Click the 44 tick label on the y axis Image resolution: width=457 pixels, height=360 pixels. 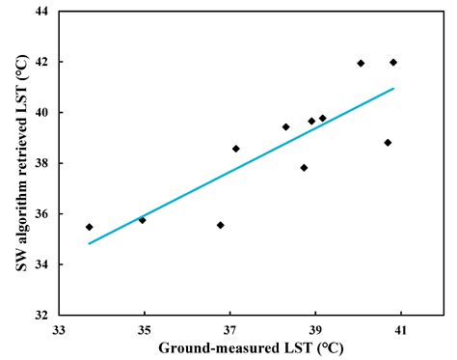tap(42, 12)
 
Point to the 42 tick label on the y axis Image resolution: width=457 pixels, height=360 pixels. tap(42, 62)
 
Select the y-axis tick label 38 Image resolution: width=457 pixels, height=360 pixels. tap(42, 163)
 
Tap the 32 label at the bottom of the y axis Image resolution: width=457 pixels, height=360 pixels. tap(42, 315)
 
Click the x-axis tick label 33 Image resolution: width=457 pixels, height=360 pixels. tap(59, 329)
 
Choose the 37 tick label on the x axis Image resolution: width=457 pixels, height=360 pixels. tap(229, 329)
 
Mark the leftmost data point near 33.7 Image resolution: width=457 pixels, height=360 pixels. tap(90, 227)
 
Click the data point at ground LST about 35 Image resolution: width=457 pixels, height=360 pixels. tap(143, 220)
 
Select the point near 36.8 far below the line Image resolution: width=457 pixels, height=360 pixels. tap(221, 225)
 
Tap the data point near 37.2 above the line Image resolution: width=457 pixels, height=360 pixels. tap(236, 149)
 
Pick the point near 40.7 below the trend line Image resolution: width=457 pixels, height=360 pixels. tap(388, 143)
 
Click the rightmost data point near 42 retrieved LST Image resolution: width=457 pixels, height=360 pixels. tap(393, 62)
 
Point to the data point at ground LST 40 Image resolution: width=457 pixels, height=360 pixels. tap(361, 63)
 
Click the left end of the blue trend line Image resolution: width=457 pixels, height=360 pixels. tap(90, 243)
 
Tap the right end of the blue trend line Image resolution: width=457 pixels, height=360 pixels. tap(393, 89)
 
